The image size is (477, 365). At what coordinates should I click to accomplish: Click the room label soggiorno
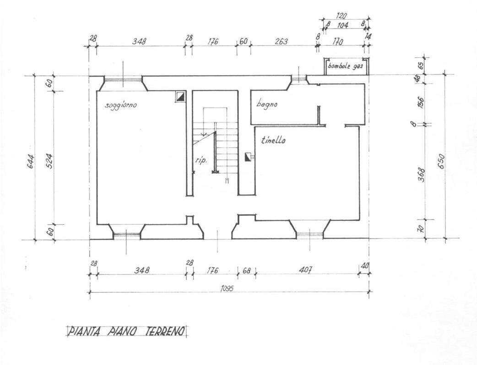pyautogui.click(x=121, y=106)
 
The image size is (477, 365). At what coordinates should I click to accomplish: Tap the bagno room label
pyautogui.click(x=266, y=104)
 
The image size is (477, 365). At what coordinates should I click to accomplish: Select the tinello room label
pyautogui.click(x=273, y=140)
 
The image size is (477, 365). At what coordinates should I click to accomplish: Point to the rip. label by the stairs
pyautogui.click(x=201, y=160)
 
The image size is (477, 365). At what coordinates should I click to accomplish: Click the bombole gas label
pyautogui.click(x=345, y=66)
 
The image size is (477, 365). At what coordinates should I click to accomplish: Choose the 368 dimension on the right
pyautogui.click(x=421, y=175)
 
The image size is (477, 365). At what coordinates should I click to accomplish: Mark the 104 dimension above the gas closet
pyautogui.click(x=343, y=25)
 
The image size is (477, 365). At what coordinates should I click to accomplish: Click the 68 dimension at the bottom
pyautogui.click(x=246, y=270)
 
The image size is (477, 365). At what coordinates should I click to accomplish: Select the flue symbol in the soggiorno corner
pyautogui.click(x=180, y=97)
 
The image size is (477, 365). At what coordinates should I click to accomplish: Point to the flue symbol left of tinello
pyautogui.click(x=248, y=157)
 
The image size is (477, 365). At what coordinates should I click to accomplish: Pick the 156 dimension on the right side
pyautogui.click(x=421, y=102)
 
